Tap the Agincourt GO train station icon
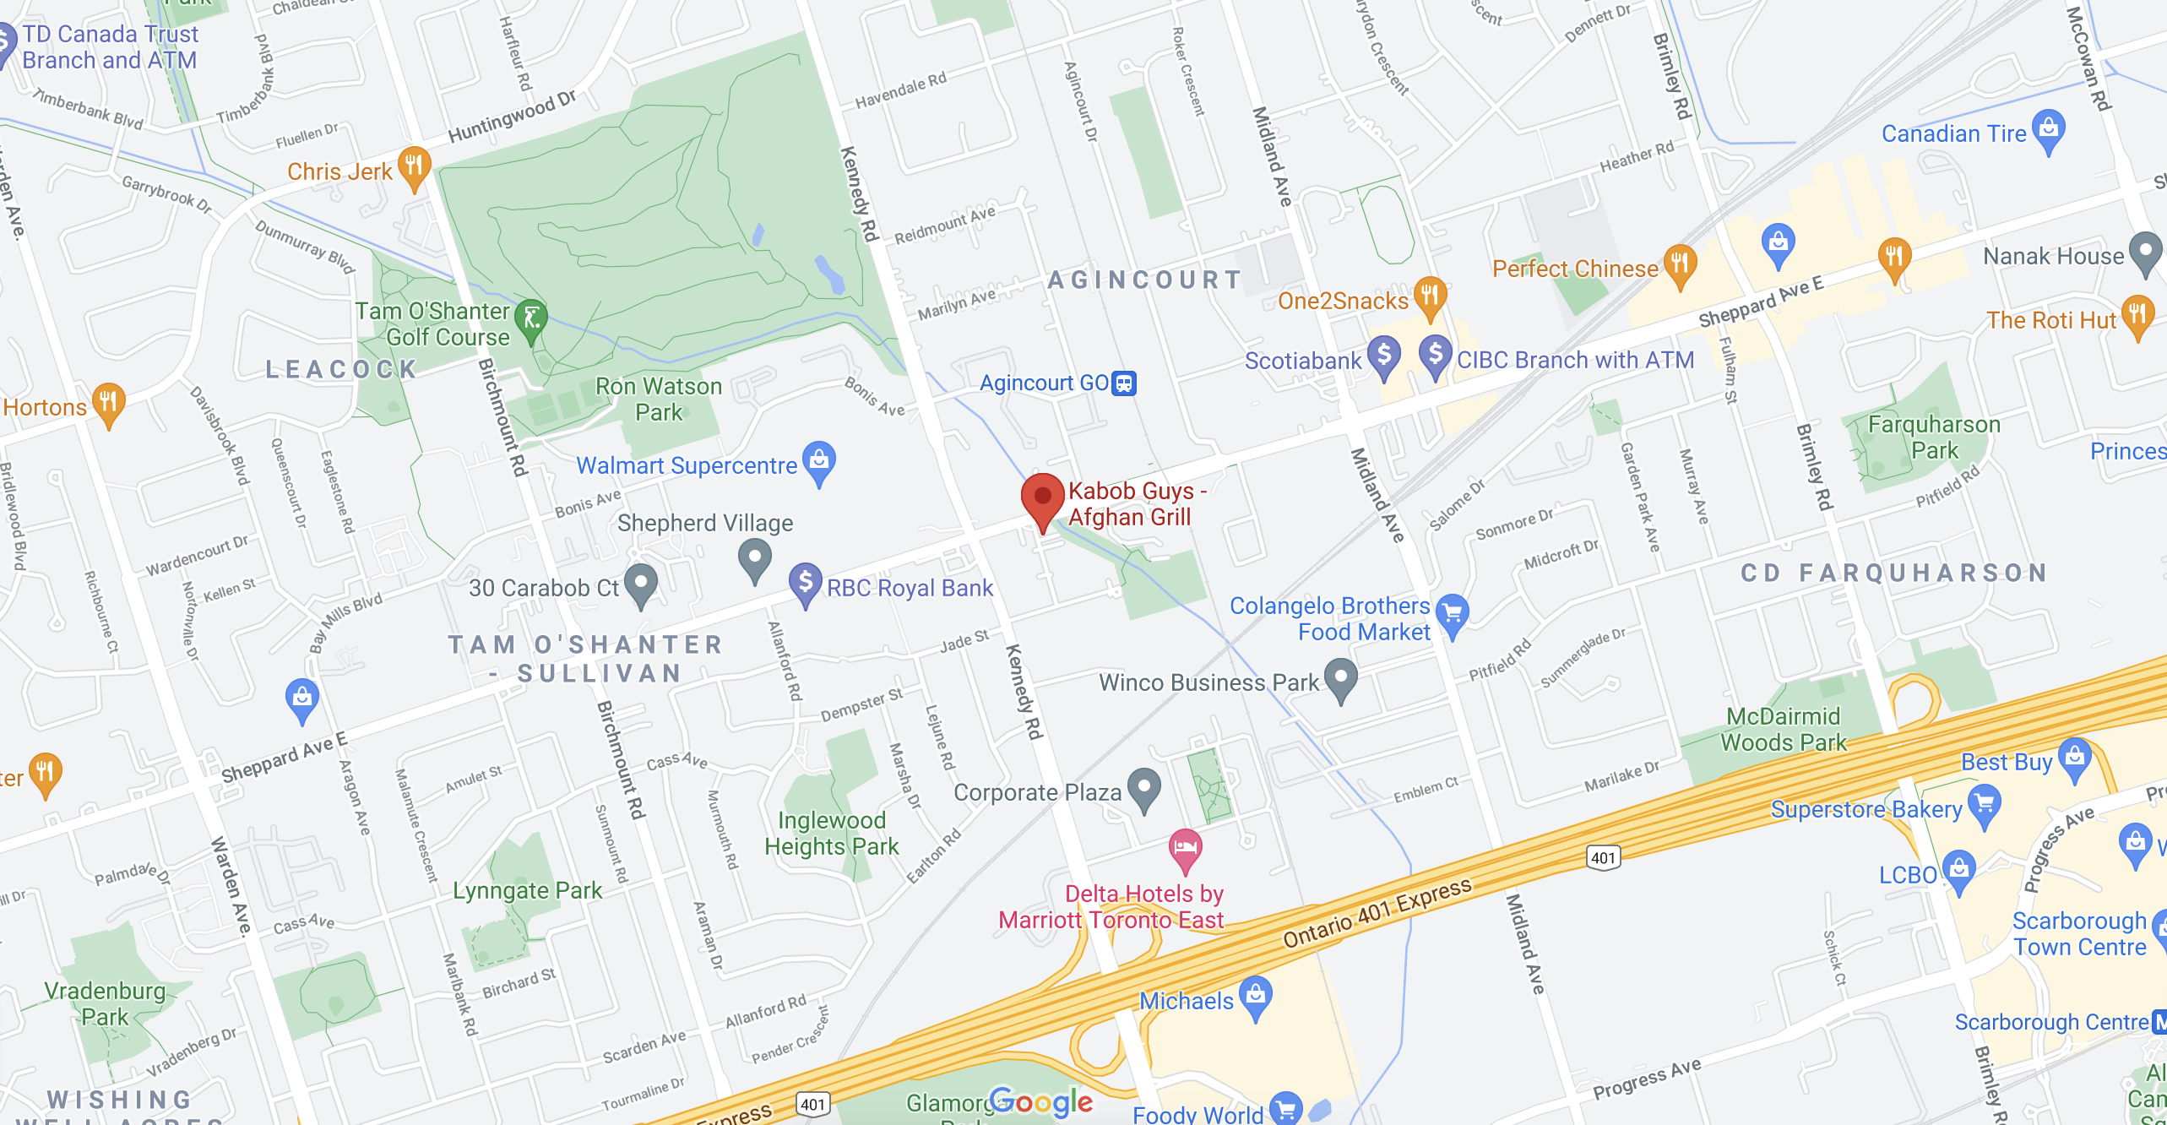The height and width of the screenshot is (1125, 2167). (1123, 383)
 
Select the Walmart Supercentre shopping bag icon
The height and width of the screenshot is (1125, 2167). (818, 461)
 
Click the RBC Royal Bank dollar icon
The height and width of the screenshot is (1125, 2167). (805, 583)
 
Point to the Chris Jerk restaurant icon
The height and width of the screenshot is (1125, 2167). (414, 166)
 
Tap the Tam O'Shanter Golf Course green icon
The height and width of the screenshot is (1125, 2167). (531, 320)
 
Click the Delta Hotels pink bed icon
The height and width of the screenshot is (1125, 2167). (1185, 848)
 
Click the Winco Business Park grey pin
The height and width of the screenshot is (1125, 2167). (1340, 678)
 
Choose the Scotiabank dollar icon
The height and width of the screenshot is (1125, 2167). (1383, 356)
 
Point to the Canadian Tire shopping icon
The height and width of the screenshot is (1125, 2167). (2048, 129)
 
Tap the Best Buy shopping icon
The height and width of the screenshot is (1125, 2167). (2074, 758)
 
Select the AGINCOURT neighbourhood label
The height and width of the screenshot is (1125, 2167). (1144, 280)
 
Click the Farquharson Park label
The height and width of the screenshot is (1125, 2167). (1933, 437)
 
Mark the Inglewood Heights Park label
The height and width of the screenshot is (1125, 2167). (831, 833)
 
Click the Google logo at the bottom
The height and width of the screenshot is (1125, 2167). (1040, 1101)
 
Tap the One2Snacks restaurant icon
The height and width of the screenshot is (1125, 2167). (1429, 296)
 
